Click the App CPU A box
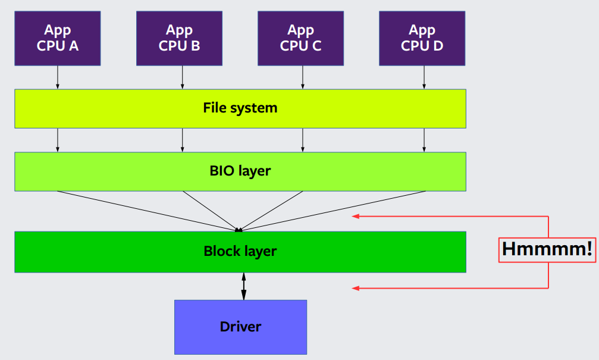(x=58, y=37)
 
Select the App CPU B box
(x=179, y=37)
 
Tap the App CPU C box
(x=300, y=37)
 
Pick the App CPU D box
(x=422, y=37)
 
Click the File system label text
(x=240, y=108)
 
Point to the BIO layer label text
(x=240, y=171)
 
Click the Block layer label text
(x=240, y=251)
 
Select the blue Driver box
(x=240, y=327)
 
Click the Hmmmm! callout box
(x=546, y=249)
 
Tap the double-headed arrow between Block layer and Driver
(x=243, y=286)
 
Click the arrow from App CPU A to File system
(x=58, y=77)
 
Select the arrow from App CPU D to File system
(x=424, y=77)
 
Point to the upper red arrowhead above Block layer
(x=356, y=216)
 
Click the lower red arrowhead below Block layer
(x=356, y=289)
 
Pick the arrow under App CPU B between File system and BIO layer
(x=182, y=140)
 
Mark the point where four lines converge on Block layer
(x=239, y=230)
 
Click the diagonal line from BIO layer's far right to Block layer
(x=333, y=210)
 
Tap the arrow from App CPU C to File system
(x=303, y=77)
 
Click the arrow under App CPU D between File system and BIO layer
(x=424, y=140)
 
